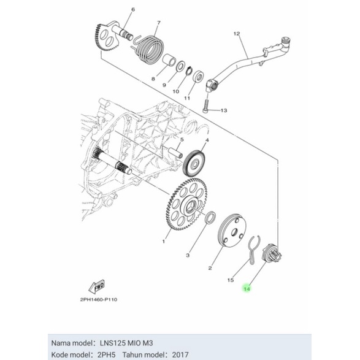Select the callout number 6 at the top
(133, 10)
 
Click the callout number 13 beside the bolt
(223, 111)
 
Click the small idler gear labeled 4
(195, 165)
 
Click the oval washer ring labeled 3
(210, 218)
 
